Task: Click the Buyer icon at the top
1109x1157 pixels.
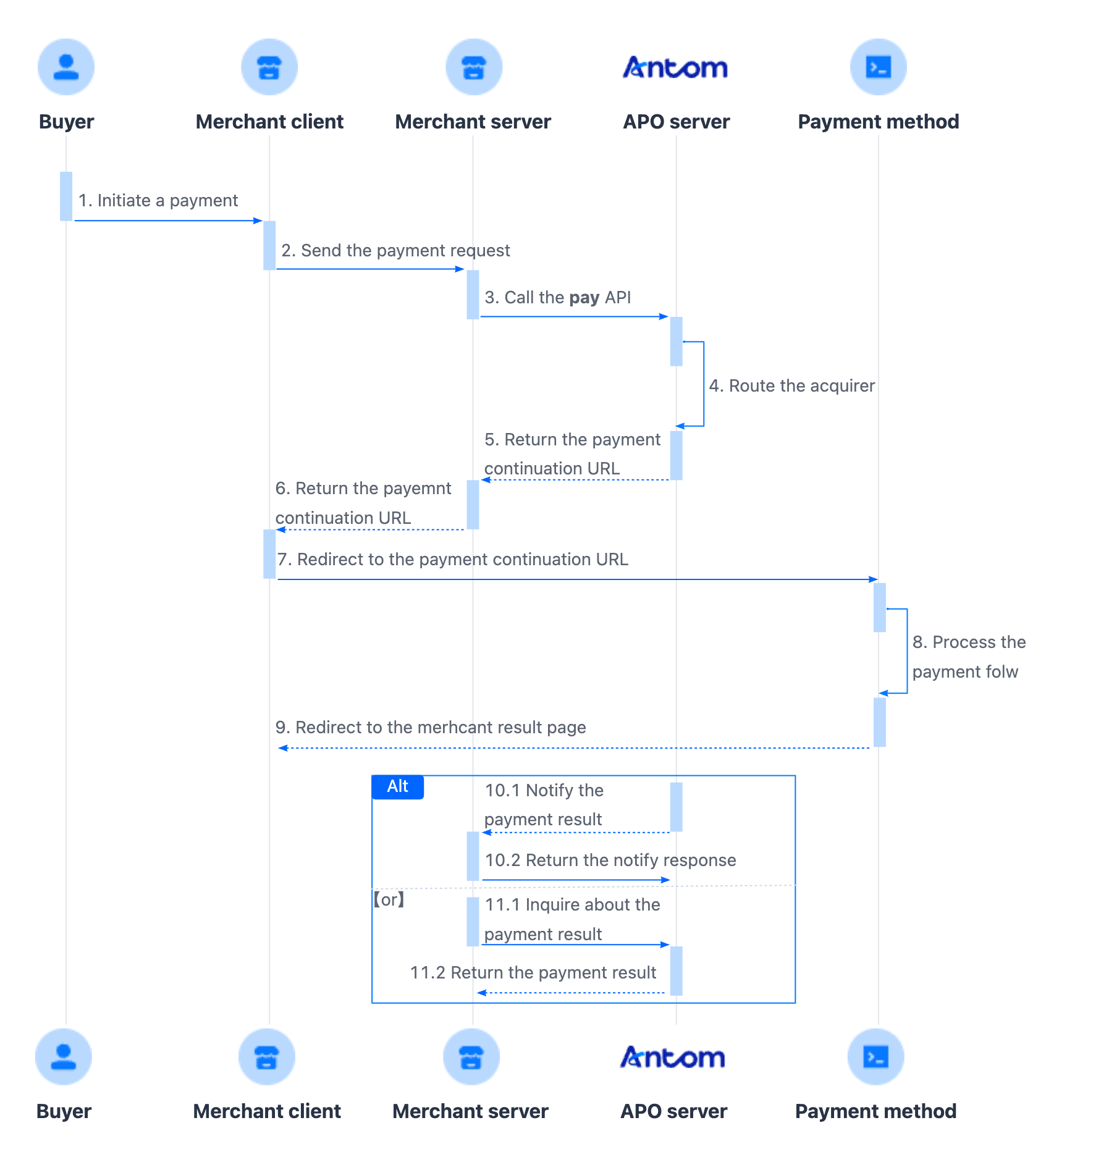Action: coord(66,67)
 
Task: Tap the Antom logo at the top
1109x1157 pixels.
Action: coord(675,67)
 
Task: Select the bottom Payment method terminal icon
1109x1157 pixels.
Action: coord(875,1056)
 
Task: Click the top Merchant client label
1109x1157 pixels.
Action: coord(269,122)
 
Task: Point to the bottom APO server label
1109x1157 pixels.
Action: coord(673,1111)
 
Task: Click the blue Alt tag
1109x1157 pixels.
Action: coord(398,786)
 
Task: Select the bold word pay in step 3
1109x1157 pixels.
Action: coord(584,298)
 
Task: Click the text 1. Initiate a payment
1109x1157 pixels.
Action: coord(158,201)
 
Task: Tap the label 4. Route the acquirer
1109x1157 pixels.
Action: coord(791,386)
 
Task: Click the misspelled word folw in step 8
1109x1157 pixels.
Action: coord(1001,672)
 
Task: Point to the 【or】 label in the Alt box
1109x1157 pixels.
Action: coord(389,899)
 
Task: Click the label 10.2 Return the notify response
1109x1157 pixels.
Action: coord(610,860)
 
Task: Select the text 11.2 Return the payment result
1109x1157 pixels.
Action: coord(533,973)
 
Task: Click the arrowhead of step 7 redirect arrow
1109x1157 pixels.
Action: coord(873,579)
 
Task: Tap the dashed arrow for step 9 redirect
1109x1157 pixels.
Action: coord(575,748)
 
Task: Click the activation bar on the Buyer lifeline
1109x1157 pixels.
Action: coord(66,196)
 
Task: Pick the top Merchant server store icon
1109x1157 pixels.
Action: coord(474,67)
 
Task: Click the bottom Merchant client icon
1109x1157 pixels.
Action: coord(267,1056)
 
